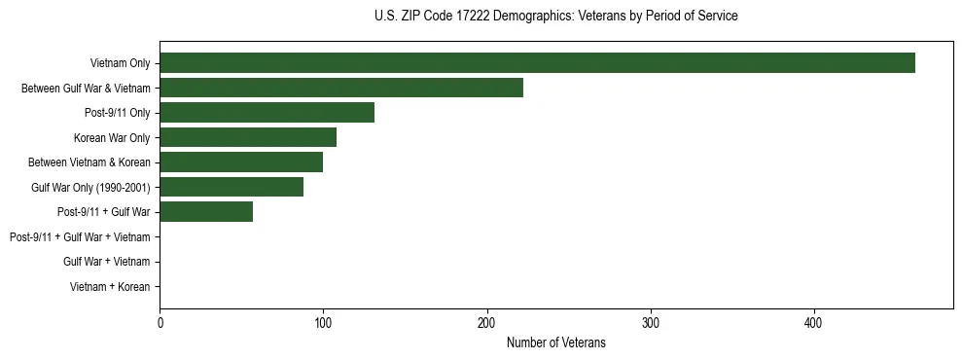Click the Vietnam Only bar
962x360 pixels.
[x=537, y=63]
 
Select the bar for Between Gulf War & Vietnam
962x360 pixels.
[x=341, y=89]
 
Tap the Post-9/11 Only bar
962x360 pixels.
[x=267, y=113]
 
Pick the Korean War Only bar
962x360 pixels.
[x=248, y=137]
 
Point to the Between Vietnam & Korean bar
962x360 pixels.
[x=241, y=162]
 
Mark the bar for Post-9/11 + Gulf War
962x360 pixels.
[x=206, y=211]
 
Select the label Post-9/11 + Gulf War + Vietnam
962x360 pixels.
[x=80, y=236]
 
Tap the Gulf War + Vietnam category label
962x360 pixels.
[x=107, y=262]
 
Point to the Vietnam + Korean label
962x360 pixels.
[x=110, y=286]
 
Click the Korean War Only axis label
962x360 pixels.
[x=112, y=138]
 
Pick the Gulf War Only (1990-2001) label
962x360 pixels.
[x=90, y=187]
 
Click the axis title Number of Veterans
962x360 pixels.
[x=555, y=342]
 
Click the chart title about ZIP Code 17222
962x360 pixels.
[x=555, y=17]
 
